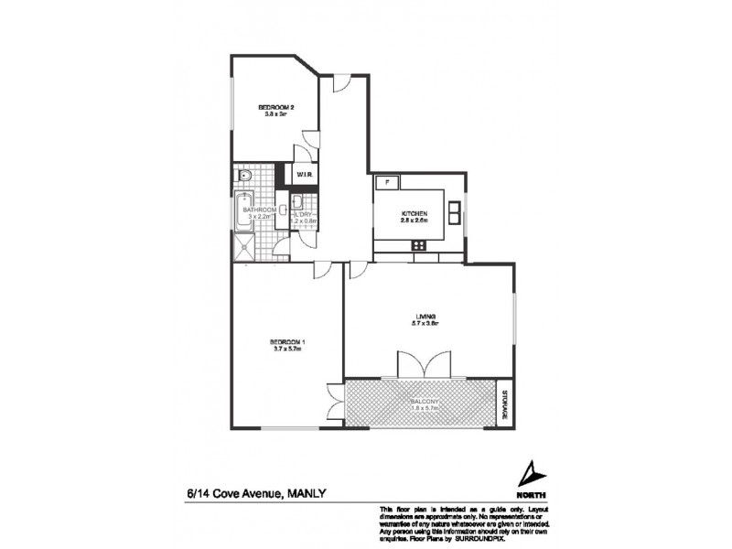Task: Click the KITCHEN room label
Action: point(414,214)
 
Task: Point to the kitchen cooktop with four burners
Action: point(419,244)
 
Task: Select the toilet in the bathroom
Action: point(245,175)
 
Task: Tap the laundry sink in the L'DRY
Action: point(298,202)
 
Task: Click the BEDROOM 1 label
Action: point(286,341)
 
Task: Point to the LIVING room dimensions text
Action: point(426,324)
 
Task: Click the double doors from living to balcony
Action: point(423,366)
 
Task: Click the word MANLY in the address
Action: point(307,494)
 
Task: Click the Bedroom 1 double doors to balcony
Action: point(335,401)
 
